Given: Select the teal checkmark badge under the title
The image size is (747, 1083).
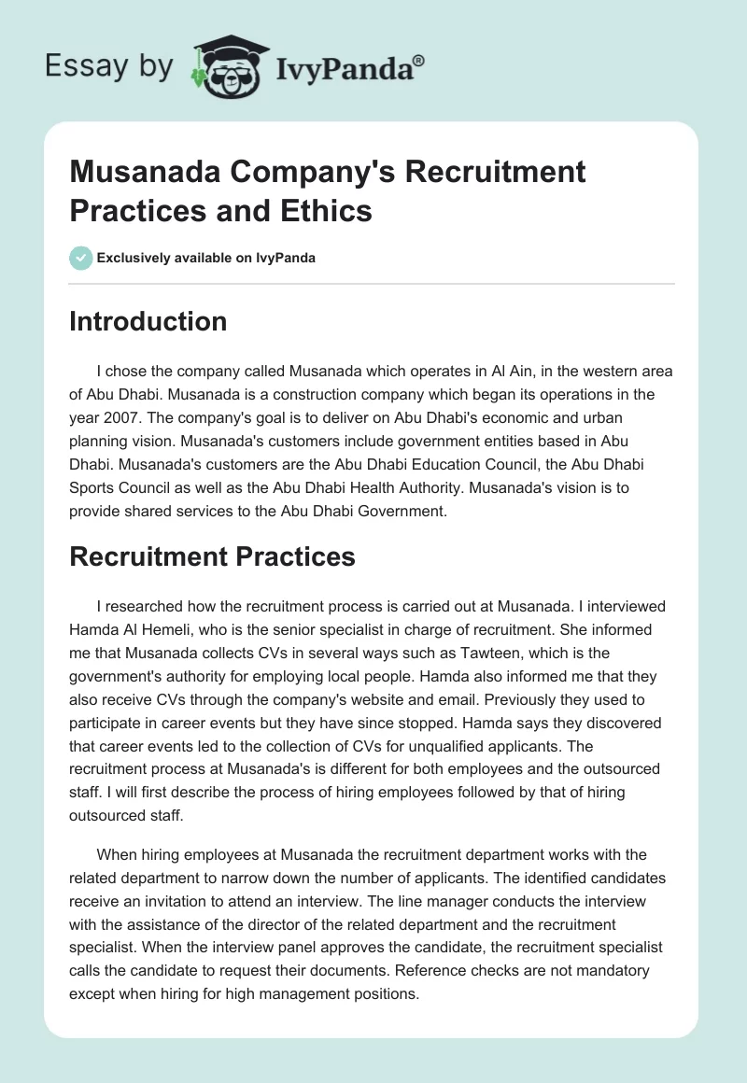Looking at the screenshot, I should (81, 258).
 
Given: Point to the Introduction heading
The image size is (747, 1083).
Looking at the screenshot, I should (148, 321).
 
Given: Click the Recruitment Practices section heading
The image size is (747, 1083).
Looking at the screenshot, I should (212, 556).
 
